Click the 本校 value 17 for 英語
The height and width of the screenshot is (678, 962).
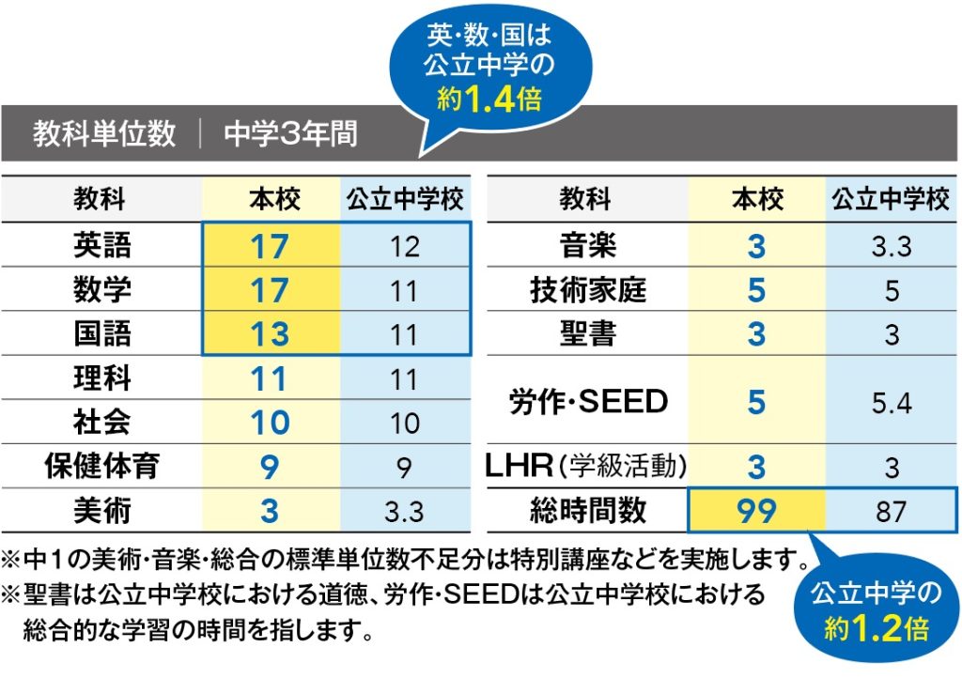click(270, 247)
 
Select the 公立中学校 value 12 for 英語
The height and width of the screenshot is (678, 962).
click(404, 247)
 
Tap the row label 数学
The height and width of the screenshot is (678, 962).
click(102, 291)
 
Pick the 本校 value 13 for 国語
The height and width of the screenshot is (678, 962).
click(270, 335)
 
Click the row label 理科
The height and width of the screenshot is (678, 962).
click(102, 378)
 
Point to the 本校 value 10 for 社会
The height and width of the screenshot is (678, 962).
click(270, 423)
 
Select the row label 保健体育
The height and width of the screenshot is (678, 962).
click(102, 466)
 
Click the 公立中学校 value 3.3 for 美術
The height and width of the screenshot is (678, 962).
click(404, 512)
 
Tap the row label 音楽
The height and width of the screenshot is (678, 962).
click(588, 247)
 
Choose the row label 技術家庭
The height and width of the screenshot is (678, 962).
click(588, 291)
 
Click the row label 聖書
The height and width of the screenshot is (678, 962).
click(588, 335)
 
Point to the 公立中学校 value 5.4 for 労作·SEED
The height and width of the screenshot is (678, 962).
click(892, 403)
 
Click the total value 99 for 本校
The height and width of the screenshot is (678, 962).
click(756, 512)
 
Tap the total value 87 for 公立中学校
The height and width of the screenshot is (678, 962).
click(892, 512)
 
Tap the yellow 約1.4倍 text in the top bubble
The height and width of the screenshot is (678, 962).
click(489, 99)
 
